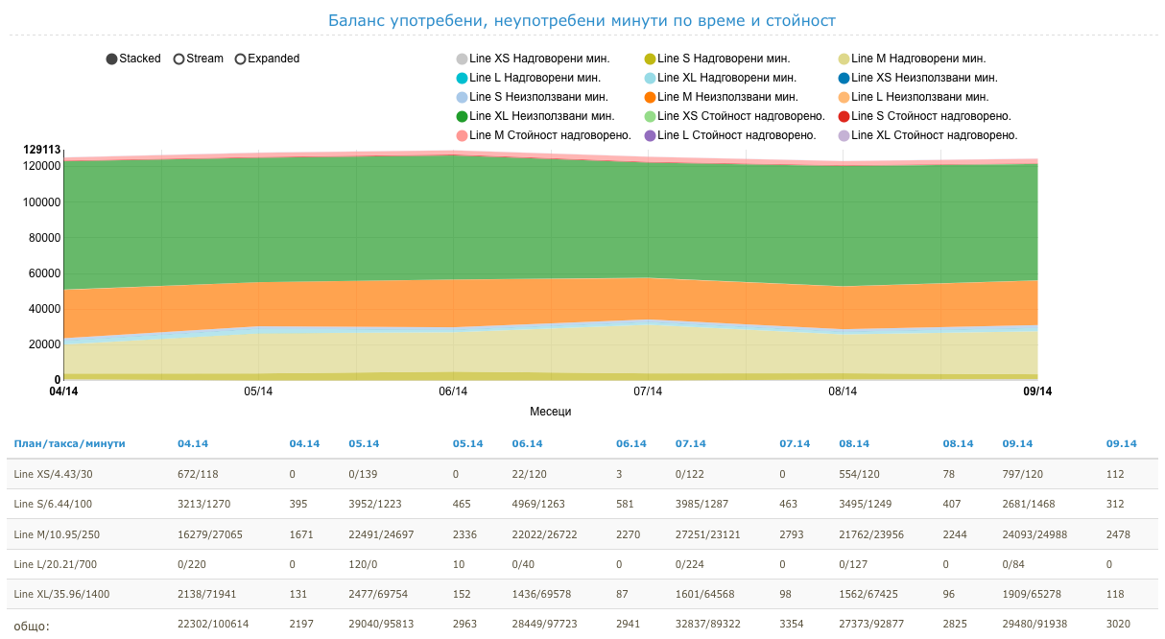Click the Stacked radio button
pyautogui.click(x=112, y=59)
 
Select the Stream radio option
pyautogui.click(x=178, y=59)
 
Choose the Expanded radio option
pyautogui.click(x=241, y=59)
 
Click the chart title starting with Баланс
pyautogui.click(x=582, y=20)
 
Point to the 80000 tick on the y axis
pyautogui.click(x=44, y=238)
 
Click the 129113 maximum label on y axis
pyautogui.click(x=43, y=150)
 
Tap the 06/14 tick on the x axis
pyautogui.click(x=453, y=391)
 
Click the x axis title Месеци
pyautogui.click(x=550, y=412)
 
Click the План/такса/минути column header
pyautogui.click(x=69, y=444)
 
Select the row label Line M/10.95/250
pyautogui.click(x=56, y=534)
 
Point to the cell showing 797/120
pyautogui.click(x=1023, y=474)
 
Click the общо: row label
pyautogui.click(x=32, y=627)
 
